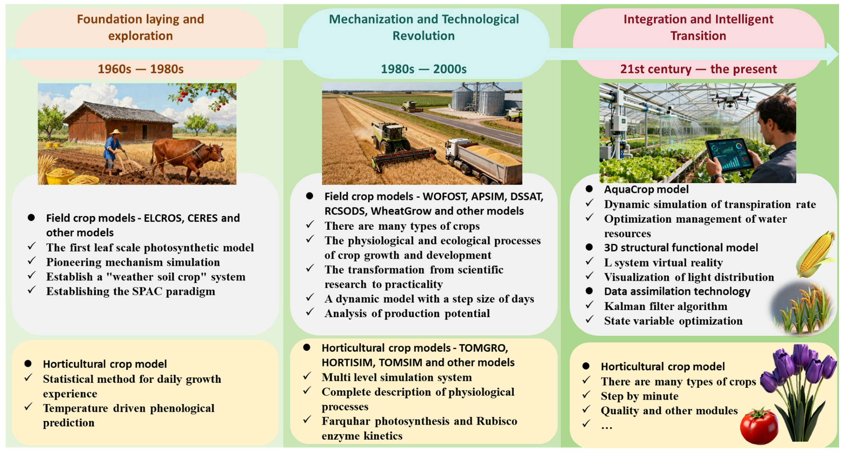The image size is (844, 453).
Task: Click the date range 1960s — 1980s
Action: (x=140, y=69)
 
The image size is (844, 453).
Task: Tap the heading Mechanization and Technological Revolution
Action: (x=424, y=28)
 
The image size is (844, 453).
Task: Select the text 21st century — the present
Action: (x=698, y=69)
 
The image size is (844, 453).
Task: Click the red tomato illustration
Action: (x=759, y=426)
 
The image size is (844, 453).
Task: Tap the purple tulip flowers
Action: (x=798, y=367)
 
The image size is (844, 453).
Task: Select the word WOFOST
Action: (x=443, y=196)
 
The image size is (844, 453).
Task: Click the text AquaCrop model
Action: (x=646, y=189)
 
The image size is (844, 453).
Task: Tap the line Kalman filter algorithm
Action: (x=665, y=306)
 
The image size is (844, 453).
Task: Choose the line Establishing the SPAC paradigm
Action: (x=130, y=291)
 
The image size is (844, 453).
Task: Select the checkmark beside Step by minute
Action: (x=587, y=395)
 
